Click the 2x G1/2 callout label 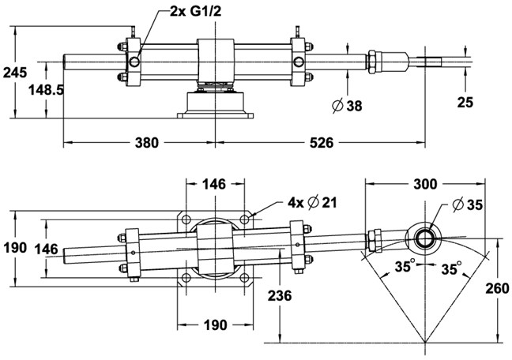point(196,12)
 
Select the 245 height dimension point(15,72)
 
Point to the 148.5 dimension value point(46,90)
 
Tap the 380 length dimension point(147,143)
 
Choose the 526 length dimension point(322,143)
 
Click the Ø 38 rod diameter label point(348,106)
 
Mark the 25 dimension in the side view point(465,102)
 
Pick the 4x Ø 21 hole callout point(312,203)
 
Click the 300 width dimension point(425,185)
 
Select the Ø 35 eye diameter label point(468,204)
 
